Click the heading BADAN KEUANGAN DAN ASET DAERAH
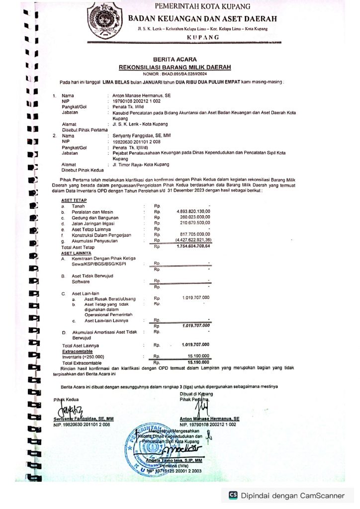[203, 19]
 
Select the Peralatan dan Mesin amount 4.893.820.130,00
[194, 211]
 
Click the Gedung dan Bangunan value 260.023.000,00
[195, 217]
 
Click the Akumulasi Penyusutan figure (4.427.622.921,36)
[193, 241]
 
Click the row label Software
[80, 281]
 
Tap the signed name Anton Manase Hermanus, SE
[209, 419]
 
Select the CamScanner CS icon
[233, 495]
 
